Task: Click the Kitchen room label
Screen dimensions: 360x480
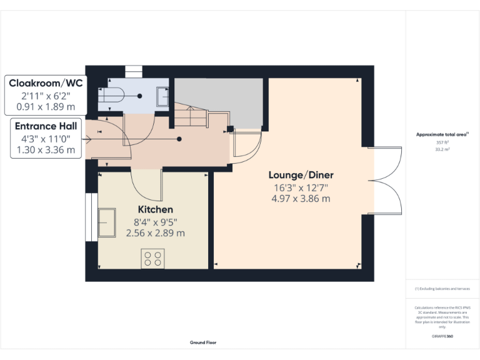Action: tap(155, 209)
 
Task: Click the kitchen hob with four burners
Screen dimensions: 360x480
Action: tap(153, 258)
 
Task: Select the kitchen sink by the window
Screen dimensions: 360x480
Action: tap(107, 222)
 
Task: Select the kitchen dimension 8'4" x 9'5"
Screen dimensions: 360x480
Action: tap(155, 221)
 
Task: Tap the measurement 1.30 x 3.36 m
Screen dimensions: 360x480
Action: tap(44, 150)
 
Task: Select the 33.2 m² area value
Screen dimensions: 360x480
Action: tap(442, 149)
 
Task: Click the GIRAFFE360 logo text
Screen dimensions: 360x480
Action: tap(442, 336)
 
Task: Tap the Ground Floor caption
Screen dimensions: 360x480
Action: tap(203, 342)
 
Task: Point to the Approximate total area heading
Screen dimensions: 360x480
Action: tap(442, 134)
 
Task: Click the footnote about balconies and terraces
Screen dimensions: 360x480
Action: tap(442, 289)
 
